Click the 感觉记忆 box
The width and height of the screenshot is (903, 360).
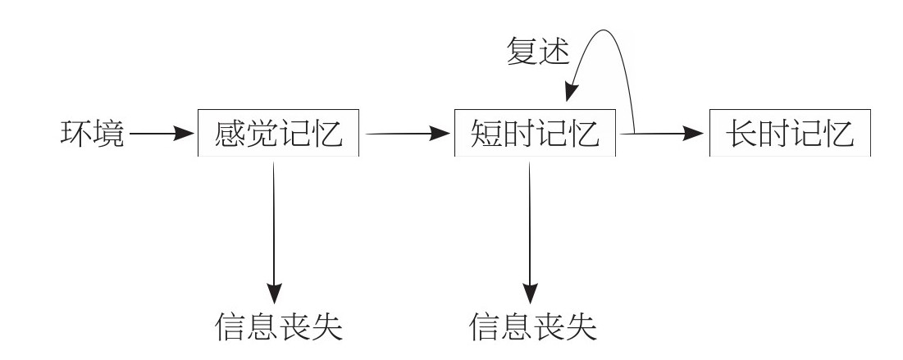point(279,134)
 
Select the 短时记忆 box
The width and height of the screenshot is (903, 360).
point(535,134)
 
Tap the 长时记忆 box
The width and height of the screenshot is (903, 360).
point(791,134)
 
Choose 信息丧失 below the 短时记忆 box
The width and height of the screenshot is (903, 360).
point(533,327)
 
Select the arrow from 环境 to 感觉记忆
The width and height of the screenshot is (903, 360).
point(162,134)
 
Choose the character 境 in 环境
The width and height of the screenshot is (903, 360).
point(108,134)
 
